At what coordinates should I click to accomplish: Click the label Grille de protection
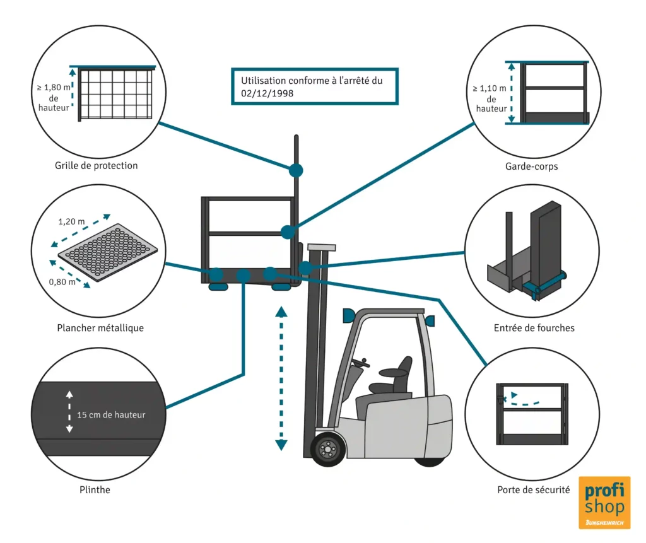(97, 166)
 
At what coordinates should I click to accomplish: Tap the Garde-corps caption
(531, 167)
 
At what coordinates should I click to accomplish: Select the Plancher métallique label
(100, 328)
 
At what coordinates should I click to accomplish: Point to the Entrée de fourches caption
(534, 328)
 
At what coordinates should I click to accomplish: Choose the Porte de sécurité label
(533, 489)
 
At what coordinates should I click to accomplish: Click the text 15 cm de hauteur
(111, 415)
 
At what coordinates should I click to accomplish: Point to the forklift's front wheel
(327, 448)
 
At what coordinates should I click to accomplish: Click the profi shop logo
(604, 503)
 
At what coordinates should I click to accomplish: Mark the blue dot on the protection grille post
(295, 170)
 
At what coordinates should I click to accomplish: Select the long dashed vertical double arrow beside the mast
(281, 378)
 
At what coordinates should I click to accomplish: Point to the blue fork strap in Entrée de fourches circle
(546, 281)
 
